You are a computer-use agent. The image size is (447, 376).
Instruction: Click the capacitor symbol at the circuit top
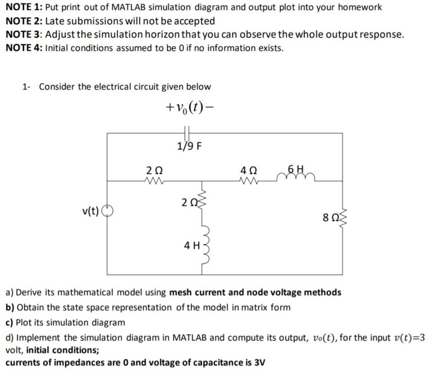point(187,133)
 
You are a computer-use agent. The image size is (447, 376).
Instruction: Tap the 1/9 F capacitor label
point(189,146)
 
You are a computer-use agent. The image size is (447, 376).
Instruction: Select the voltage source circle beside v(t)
point(107,211)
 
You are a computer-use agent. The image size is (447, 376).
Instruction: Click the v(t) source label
point(91,212)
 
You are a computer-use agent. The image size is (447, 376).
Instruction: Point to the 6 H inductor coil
point(297,177)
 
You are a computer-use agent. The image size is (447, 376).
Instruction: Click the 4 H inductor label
point(192,245)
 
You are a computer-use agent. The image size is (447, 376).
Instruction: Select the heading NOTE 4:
point(24,48)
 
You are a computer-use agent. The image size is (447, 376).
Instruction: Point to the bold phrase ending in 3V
point(135,362)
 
